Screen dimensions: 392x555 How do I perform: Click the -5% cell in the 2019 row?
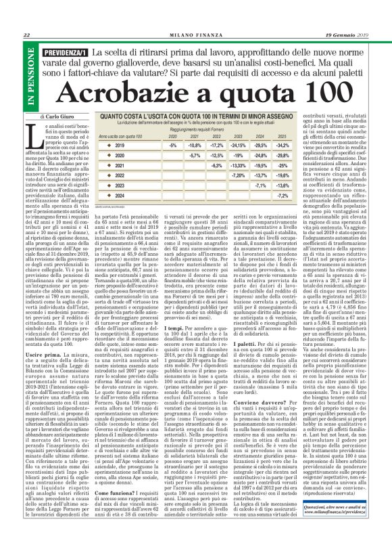173,146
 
